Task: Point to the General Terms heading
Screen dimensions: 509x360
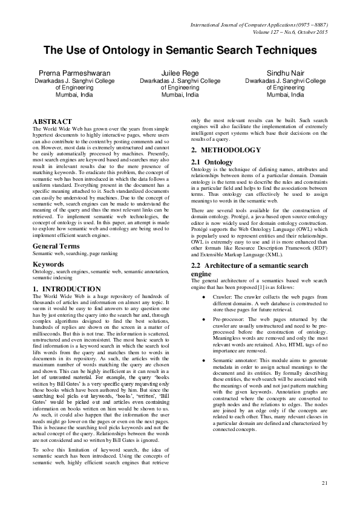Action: pos(58,247)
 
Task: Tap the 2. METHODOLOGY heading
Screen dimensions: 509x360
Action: pos(209,149)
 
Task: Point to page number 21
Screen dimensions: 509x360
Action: pos(324,482)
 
